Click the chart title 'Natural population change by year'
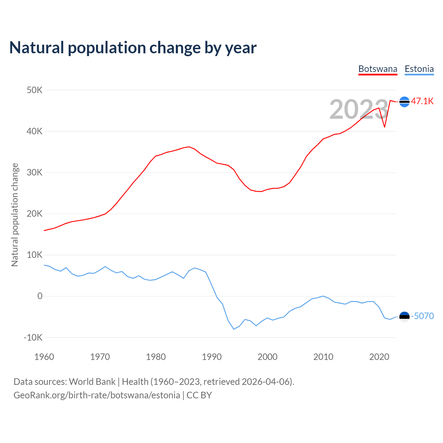point(133,48)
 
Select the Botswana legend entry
point(378,69)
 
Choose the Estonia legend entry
point(419,69)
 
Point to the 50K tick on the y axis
point(35,90)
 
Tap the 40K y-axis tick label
point(35,132)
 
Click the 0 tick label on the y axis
point(40,296)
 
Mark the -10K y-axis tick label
point(33,337)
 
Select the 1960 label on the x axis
point(44,357)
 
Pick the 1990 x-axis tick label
point(212,357)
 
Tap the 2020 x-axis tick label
point(379,357)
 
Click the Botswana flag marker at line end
point(404,102)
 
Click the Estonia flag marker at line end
point(404,316)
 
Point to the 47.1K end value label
point(422,101)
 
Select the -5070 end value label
point(422,316)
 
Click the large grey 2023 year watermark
point(359,109)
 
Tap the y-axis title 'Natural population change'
point(15,215)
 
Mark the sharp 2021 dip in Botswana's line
point(385,127)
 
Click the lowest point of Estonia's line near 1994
point(234,329)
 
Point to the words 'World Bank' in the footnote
point(92,382)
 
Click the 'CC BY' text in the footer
point(199,395)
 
